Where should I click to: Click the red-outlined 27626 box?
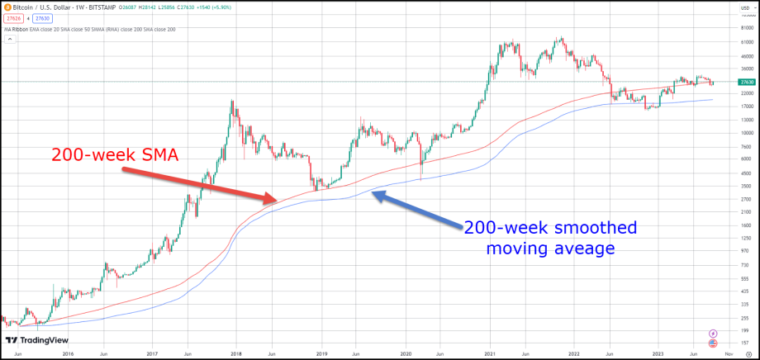pos(13,18)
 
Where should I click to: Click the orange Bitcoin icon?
pos(6,7)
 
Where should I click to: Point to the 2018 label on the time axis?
pos(235,353)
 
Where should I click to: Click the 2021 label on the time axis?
pos(489,353)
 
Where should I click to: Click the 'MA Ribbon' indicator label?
pos(15,29)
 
